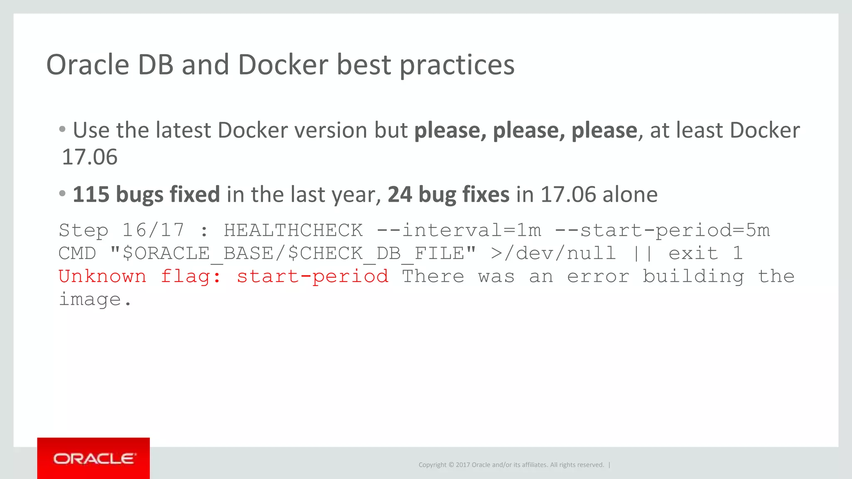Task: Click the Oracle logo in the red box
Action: point(94,459)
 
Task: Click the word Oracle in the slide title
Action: point(88,65)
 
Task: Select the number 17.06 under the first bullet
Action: point(89,157)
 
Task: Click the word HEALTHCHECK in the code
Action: point(293,230)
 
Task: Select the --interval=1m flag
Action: point(459,230)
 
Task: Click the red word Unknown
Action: point(102,277)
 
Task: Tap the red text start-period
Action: point(312,277)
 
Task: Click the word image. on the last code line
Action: point(95,299)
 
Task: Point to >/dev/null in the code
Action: point(553,253)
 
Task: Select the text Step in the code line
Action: point(83,230)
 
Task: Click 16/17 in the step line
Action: point(153,230)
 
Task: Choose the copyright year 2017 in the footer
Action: point(463,465)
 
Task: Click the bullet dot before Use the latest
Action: point(62,129)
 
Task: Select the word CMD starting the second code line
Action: point(77,253)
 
